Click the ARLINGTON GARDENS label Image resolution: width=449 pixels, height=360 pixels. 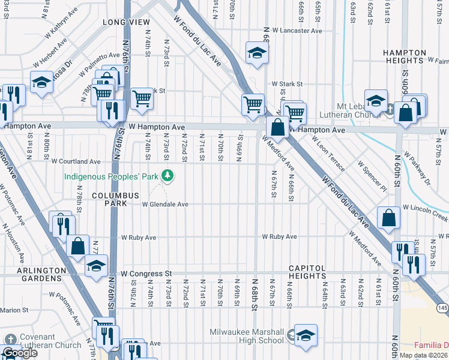(x=41, y=274)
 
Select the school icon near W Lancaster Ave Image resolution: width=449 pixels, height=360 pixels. (x=256, y=53)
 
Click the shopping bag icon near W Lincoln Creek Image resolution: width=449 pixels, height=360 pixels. (x=389, y=218)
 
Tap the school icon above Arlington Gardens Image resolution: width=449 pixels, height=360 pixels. (x=95, y=265)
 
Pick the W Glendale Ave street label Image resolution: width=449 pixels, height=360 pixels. (x=165, y=205)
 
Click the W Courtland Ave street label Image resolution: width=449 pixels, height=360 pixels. (x=76, y=161)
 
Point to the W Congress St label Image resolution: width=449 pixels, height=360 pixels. (x=146, y=274)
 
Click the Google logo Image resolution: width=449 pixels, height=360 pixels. (x=19, y=353)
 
